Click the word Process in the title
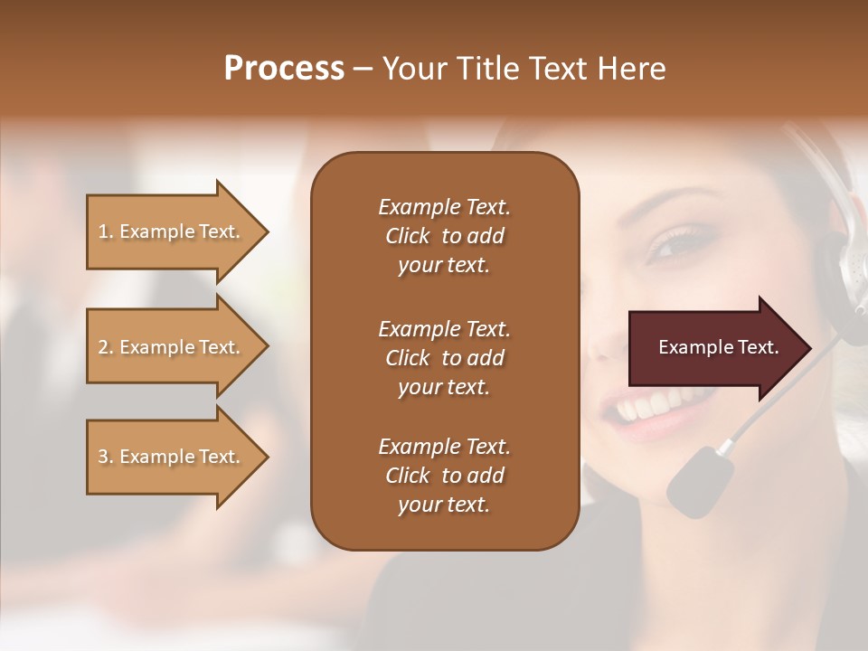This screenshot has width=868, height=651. (284, 68)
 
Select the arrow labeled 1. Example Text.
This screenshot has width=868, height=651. (172, 231)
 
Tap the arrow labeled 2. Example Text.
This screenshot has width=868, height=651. (172, 347)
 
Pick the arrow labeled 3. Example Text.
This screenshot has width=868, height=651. (172, 457)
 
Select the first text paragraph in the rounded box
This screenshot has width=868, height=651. (444, 236)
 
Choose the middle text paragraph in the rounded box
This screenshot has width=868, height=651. (444, 358)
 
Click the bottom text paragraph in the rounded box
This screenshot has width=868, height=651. (444, 476)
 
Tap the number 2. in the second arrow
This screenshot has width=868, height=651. (106, 347)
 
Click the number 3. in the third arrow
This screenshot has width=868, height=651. (106, 457)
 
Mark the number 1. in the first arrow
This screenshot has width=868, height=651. (106, 231)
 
